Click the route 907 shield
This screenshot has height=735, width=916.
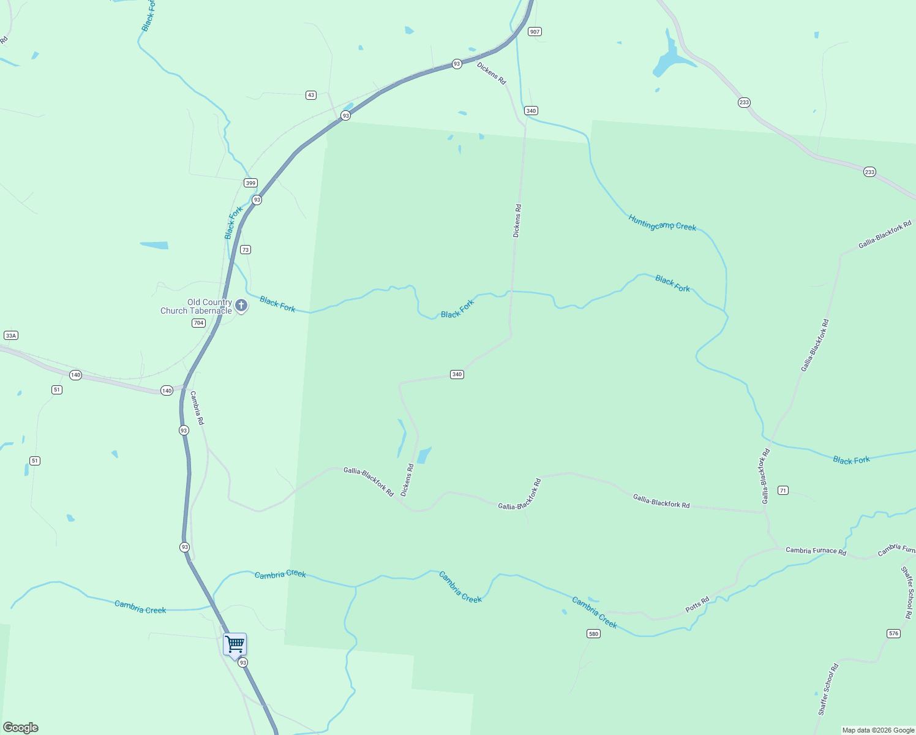535,32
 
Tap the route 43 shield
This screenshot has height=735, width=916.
311,95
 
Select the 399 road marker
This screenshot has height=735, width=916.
250,183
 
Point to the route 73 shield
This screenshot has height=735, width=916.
246,250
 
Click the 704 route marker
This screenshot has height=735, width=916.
198,323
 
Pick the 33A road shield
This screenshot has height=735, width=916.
10,336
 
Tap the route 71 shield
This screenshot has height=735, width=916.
783,491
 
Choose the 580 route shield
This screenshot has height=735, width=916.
593,633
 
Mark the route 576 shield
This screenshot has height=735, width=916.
893,633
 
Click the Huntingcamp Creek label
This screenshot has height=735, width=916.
662,223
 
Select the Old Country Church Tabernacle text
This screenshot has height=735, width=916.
197,307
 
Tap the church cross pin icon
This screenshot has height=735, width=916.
241,305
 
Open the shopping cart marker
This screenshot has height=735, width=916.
235,645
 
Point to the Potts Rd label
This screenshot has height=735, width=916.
697,605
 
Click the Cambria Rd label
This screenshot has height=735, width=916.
197,408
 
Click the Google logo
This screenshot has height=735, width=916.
21,728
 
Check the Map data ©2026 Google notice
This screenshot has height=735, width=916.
877,730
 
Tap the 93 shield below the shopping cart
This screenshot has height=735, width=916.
243,663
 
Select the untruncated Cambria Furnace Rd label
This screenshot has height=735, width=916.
816,551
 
